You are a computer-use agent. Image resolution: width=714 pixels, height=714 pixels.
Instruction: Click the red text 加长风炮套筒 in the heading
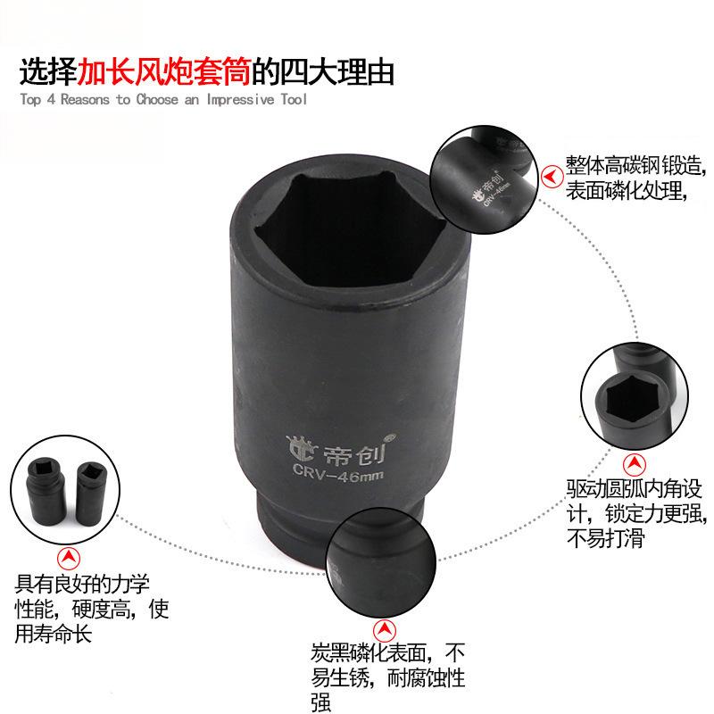click(164, 72)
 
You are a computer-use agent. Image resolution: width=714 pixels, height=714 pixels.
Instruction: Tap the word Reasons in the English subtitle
click(85, 99)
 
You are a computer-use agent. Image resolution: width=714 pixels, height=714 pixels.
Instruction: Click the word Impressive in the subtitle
click(240, 99)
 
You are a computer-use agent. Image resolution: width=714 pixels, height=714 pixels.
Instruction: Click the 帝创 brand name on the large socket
click(353, 454)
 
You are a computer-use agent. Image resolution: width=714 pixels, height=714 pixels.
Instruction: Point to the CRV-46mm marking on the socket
click(338, 473)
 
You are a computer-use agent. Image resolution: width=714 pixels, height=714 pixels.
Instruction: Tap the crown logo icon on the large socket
click(301, 449)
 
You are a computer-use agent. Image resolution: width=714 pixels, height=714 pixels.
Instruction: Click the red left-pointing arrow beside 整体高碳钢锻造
click(552, 177)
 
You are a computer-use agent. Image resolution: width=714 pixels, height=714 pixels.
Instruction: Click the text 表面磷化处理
click(624, 190)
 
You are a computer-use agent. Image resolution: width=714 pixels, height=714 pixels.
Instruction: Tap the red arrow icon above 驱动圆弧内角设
click(634, 465)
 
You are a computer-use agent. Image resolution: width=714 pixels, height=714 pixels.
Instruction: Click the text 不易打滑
click(605, 538)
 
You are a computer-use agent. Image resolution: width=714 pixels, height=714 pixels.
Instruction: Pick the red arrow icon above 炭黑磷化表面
click(385, 631)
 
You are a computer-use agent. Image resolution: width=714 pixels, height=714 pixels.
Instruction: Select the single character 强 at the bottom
click(320, 702)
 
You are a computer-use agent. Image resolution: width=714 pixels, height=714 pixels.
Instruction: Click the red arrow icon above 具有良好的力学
click(69, 558)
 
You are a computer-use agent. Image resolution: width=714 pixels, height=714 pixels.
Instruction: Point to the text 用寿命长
click(54, 634)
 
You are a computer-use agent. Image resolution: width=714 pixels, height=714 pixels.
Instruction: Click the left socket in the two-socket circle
click(46, 486)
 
